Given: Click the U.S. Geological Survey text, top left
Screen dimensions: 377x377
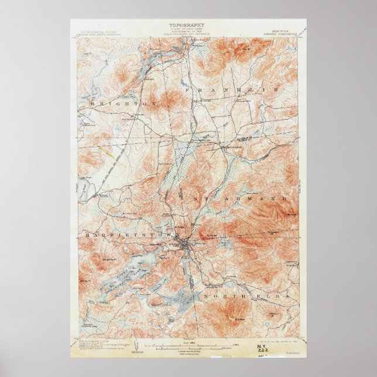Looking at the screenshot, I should click(x=97, y=28).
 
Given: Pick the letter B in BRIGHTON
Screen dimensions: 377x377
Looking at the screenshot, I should click(x=93, y=103).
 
